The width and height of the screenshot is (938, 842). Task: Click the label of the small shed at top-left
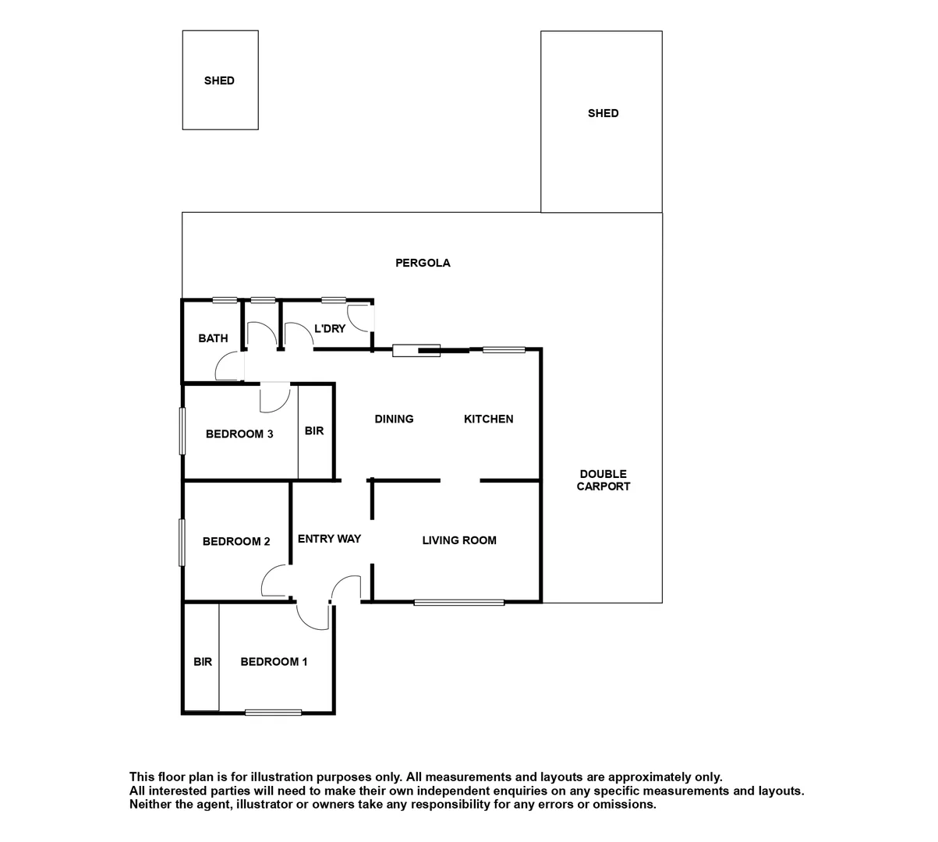pyautogui.click(x=219, y=80)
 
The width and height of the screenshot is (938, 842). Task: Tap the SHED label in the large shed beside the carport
pyautogui.click(x=603, y=113)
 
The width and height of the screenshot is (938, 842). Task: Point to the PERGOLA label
pyautogui.click(x=423, y=263)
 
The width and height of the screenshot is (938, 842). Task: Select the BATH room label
pyautogui.click(x=213, y=338)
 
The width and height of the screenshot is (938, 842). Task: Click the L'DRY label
pyautogui.click(x=329, y=329)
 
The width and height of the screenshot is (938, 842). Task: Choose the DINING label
pyautogui.click(x=394, y=419)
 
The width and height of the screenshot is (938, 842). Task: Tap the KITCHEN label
pyautogui.click(x=488, y=419)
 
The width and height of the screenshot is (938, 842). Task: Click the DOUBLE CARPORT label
pyautogui.click(x=603, y=480)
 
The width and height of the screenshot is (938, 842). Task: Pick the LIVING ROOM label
pyautogui.click(x=458, y=540)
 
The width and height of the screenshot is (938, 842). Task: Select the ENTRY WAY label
pyautogui.click(x=329, y=539)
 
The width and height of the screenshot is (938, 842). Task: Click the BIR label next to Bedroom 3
pyautogui.click(x=314, y=430)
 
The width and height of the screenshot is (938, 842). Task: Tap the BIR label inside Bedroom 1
pyautogui.click(x=203, y=662)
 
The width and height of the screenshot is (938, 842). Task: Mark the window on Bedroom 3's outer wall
pyautogui.click(x=182, y=431)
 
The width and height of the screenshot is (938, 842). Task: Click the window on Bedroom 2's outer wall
pyautogui.click(x=182, y=543)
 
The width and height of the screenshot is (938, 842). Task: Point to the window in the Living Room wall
pyautogui.click(x=458, y=602)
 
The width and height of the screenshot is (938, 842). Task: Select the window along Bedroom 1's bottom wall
pyautogui.click(x=273, y=712)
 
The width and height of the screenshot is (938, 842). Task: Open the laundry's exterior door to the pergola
pyautogui.click(x=360, y=317)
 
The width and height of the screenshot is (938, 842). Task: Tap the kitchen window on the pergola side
pyautogui.click(x=503, y=349)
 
